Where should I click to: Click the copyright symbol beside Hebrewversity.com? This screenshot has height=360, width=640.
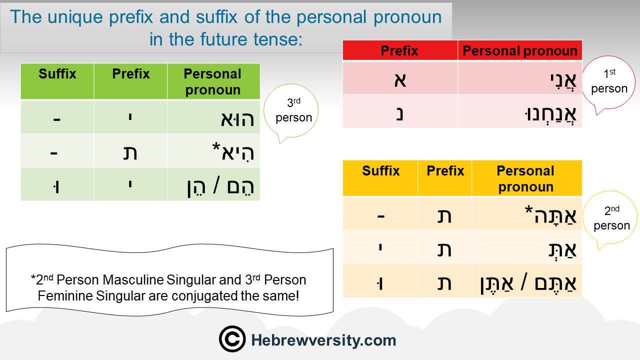click(x=232, y=339)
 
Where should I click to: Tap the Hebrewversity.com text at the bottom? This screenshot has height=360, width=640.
click(x=323, y=340)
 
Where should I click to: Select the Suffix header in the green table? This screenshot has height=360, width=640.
click(x=57, y=73)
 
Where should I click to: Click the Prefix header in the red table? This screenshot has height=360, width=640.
click(x=399, y=50)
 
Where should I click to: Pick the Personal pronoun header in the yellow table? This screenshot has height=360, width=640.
click(x=525, y=178)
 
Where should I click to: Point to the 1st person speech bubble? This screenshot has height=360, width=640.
click(x=609, y=83)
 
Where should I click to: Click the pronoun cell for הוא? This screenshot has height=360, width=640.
click(x=213, y=117)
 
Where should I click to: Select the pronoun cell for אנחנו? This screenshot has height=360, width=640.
click(x=520, y=111)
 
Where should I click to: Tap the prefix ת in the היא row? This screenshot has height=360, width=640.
click(x=130, y=152)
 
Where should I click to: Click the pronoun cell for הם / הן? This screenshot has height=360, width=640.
click(x=213, y=184)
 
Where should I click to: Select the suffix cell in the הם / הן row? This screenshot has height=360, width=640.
click(x=57, y=184)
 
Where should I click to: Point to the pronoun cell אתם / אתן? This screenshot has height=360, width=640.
click(x=527, y=281)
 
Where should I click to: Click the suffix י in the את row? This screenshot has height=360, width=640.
click(x=380, y=246)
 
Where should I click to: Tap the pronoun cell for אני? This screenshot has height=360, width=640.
click(x=520, y=78)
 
